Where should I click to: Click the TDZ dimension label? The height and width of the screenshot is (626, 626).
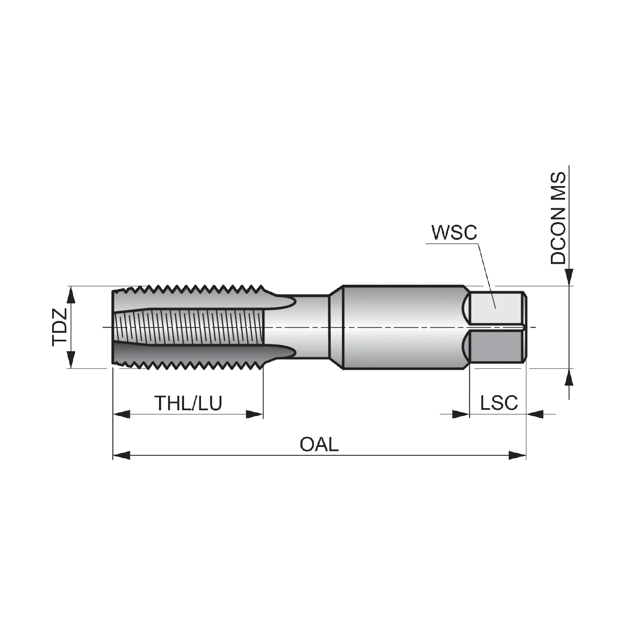(x=59, y=327)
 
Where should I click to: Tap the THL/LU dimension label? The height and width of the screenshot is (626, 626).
(x=188, y=403)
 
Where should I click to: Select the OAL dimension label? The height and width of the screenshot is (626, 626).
(x=319, y=444)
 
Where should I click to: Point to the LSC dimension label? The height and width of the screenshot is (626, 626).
(x=499, y=403)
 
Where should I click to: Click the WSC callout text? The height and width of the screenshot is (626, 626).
(x=454, y=232)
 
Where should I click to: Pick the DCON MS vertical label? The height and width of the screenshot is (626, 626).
(x=558, y=218)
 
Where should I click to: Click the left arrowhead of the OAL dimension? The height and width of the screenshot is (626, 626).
(x=121, y=455)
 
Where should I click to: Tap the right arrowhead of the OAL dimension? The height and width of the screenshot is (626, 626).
(x=517, y=455)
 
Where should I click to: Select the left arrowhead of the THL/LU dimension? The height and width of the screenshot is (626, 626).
(x=121, y=414)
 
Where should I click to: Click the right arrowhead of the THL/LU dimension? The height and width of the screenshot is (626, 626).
(x=255, y=414)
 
